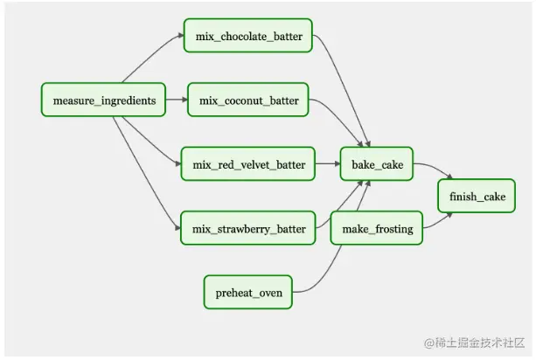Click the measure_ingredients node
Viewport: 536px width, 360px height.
104,100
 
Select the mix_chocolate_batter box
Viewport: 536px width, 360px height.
248,36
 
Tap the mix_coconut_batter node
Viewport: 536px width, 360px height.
248,100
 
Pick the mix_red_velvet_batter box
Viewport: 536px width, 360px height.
248,164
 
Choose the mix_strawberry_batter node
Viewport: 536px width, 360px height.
248,229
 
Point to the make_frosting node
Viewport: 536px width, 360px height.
377,229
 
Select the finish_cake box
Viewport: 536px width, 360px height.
477,197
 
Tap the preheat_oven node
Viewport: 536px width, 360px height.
248,293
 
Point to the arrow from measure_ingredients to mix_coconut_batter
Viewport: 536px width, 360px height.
176,100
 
